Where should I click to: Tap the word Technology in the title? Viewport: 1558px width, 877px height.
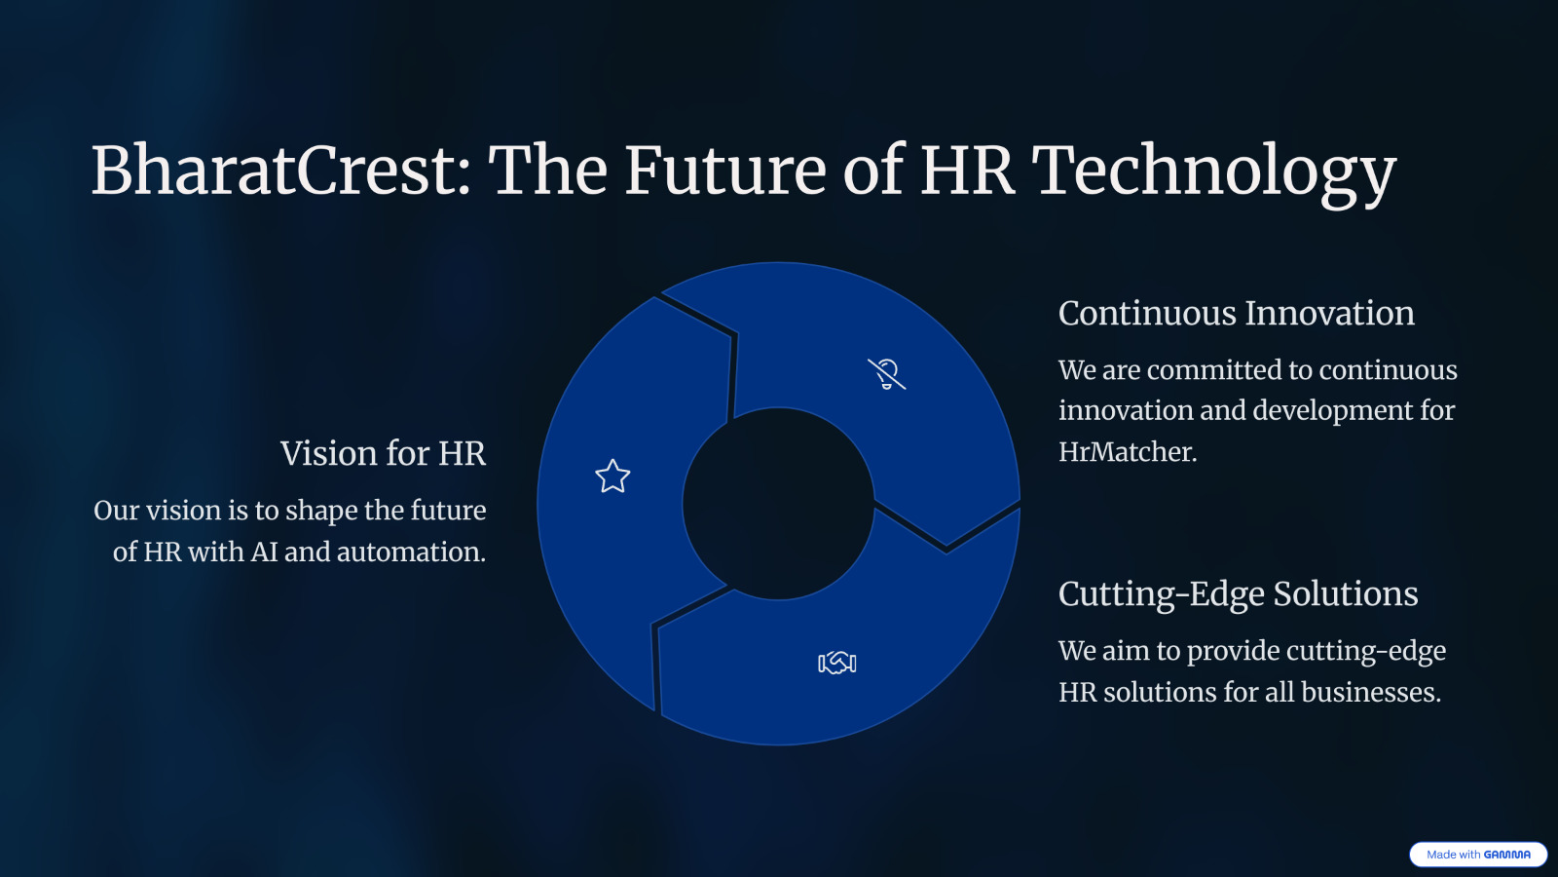[1213, 174]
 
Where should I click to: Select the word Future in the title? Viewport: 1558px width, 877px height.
[725, 171]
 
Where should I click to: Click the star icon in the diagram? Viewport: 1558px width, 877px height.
[612, 477]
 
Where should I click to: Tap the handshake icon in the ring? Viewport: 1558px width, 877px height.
[837, 663]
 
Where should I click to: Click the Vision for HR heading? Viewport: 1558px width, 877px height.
[384, 453]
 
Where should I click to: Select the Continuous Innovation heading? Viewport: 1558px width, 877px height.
[1236, 313]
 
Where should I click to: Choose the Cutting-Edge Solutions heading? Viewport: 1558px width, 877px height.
[1238, 594]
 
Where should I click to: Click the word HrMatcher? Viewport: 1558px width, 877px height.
[1128, 452]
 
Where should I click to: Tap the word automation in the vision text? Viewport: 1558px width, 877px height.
[411, 552]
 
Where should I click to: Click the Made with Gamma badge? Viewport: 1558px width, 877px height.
[1478, 854]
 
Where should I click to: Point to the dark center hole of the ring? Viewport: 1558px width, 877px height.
[778, 503]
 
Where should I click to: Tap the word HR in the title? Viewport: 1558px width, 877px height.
[967, 171]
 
